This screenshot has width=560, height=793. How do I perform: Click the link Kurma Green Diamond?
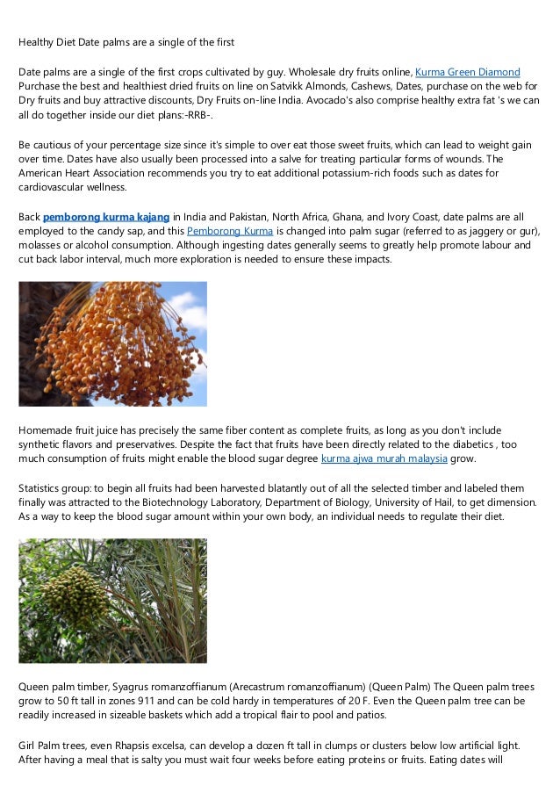click(468, 71)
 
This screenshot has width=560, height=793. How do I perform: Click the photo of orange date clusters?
click(113, 343)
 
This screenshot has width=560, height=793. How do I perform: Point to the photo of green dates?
click(113, 601)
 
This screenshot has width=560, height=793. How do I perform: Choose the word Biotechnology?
click(197, 501)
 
